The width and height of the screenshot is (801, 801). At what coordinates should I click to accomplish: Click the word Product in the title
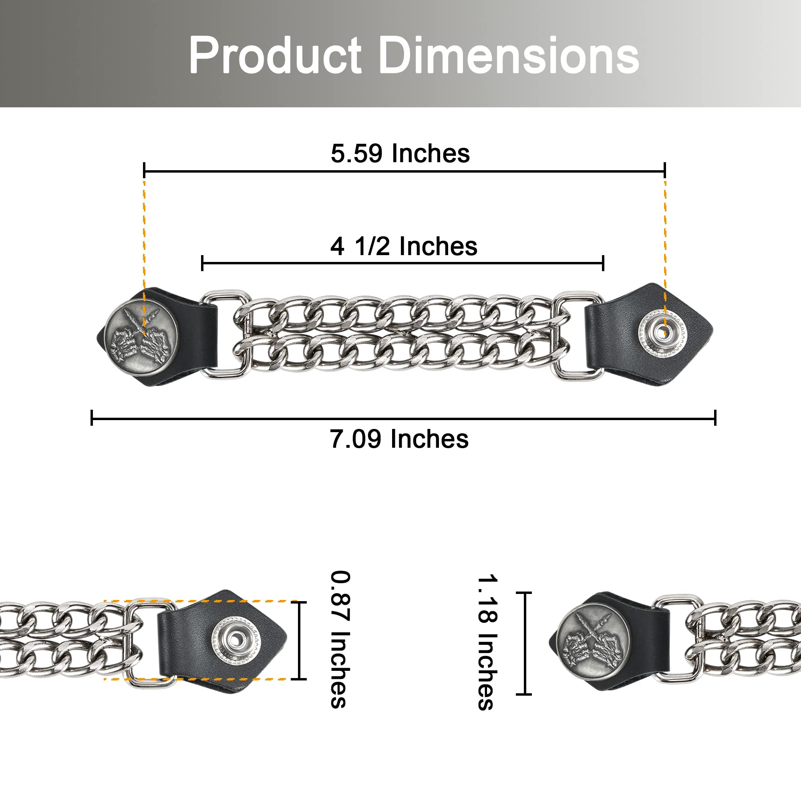tap(275, 55)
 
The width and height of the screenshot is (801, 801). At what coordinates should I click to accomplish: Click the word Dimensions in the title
tap(509, 55)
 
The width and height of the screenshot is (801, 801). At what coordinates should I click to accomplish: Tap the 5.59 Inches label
tap(400, 153)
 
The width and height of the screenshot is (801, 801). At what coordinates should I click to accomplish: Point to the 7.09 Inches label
tap(399, 439)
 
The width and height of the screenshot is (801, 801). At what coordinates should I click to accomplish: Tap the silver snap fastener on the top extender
tap(662, 333)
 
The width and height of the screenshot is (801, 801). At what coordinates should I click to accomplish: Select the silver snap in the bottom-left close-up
tap(235, 640)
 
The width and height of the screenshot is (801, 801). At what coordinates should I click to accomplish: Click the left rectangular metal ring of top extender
tap(226, 334)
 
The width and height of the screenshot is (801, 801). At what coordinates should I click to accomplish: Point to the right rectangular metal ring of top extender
tap(578, 336)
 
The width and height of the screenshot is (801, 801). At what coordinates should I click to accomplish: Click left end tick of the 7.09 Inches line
tap(92, 417)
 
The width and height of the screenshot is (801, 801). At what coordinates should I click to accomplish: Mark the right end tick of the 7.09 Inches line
tap(715, 417)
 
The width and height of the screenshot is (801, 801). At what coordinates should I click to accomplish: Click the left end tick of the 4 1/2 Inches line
tap(202, 263)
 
